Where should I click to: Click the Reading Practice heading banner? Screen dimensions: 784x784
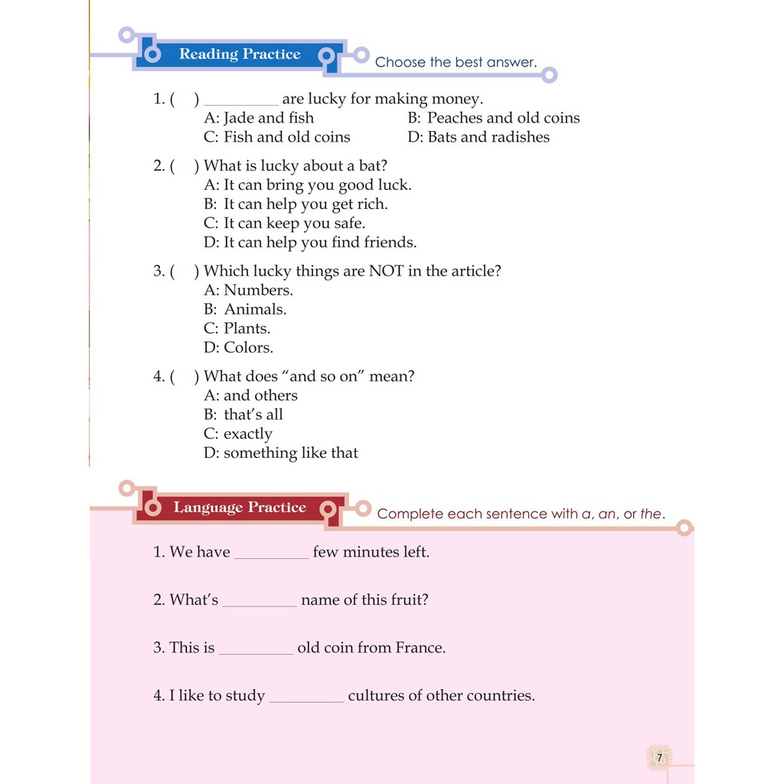[239, 54]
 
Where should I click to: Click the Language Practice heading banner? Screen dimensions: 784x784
[239, 508]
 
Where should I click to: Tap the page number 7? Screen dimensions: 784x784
[658, 758]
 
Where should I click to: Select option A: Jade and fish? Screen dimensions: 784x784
[259, 118]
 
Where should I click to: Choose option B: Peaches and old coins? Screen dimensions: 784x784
[494, 118]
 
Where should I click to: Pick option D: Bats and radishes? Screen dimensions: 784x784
[479, 137]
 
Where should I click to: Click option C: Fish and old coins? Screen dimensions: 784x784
[276, 137]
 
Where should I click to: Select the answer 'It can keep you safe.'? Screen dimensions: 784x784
[284, 224]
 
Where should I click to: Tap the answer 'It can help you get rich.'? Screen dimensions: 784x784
[296, 204]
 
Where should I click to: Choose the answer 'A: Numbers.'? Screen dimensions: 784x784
[248, 290]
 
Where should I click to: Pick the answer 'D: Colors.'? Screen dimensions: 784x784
[238, 348]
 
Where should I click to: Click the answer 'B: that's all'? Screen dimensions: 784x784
[243, 414]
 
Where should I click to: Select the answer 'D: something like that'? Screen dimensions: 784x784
[281, 452]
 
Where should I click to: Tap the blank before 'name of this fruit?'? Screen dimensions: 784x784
[260, 602]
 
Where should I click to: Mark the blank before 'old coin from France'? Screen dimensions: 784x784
[256, 650]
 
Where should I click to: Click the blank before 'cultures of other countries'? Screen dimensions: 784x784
[307, 697]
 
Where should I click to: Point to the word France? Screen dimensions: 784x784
[420, 648]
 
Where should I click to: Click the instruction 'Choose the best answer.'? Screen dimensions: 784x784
[456, 62]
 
